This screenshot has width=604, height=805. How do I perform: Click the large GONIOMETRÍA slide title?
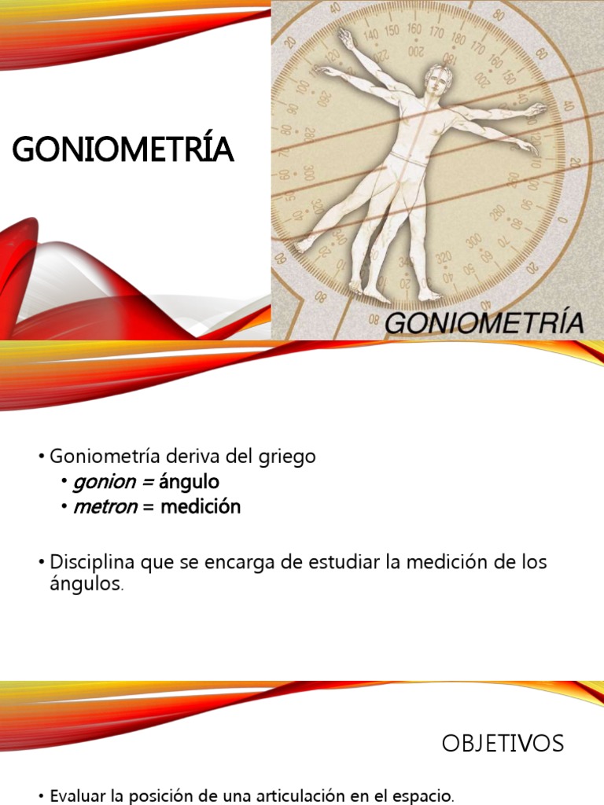[x=123, y=149]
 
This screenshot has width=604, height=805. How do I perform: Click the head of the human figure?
[x=437, y=82]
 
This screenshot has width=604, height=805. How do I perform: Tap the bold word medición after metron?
[x=201, y=507]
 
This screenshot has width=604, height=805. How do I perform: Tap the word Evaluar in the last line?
[x=81, y=796]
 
